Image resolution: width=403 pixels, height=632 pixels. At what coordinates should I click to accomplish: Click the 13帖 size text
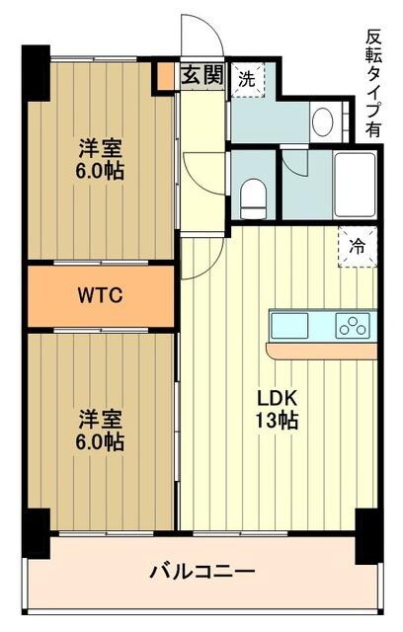pos(278,421)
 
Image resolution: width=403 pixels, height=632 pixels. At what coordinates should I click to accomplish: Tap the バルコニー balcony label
pos(202,572)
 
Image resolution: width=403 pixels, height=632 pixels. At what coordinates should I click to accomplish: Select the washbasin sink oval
pos(322,122)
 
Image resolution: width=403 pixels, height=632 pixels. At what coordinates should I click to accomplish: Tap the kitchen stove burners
pos(352,324)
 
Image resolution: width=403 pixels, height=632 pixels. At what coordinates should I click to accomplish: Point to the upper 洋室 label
pos(101,150)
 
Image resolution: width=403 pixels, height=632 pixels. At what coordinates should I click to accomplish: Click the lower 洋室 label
pos(101,419)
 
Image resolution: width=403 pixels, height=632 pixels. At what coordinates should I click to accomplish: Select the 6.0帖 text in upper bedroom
pos(101,172)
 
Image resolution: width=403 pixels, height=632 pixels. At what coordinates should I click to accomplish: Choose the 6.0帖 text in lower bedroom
pos(101,441)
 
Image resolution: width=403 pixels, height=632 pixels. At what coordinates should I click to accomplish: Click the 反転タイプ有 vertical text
pos(372,84)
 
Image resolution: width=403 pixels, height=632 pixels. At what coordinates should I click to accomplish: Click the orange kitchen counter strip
pos(322,351)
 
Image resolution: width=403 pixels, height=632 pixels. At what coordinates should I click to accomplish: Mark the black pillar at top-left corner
pos(36,73)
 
